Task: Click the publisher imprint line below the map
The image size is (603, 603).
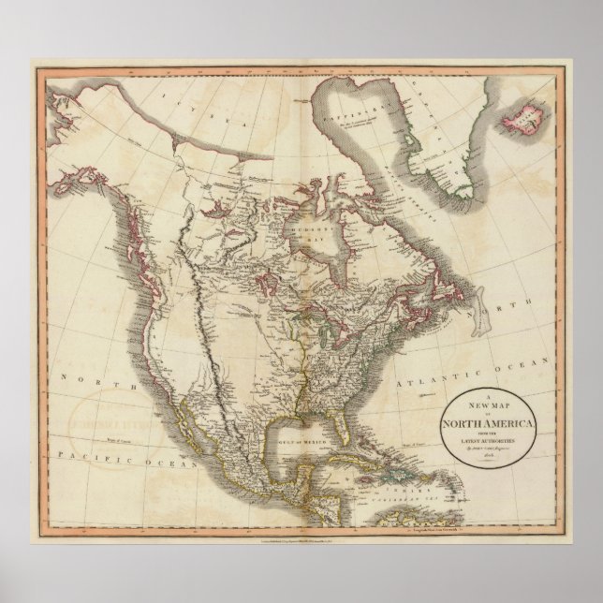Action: (x=281, y=541)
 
